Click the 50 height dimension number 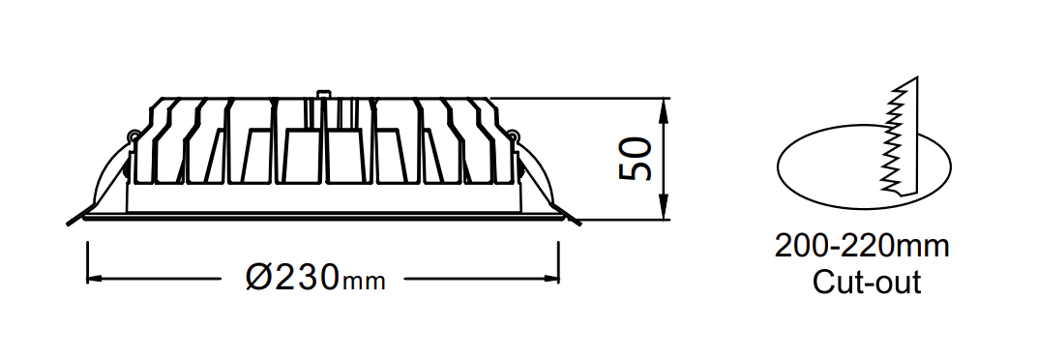[636, 160]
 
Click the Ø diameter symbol [260, 277]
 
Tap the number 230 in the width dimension [308, 277]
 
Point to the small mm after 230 [363, 282]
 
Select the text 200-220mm [862, 247]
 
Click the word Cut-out [867, 282]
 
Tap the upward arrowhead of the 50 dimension [665, 110]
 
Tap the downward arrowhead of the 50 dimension [665, 208]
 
